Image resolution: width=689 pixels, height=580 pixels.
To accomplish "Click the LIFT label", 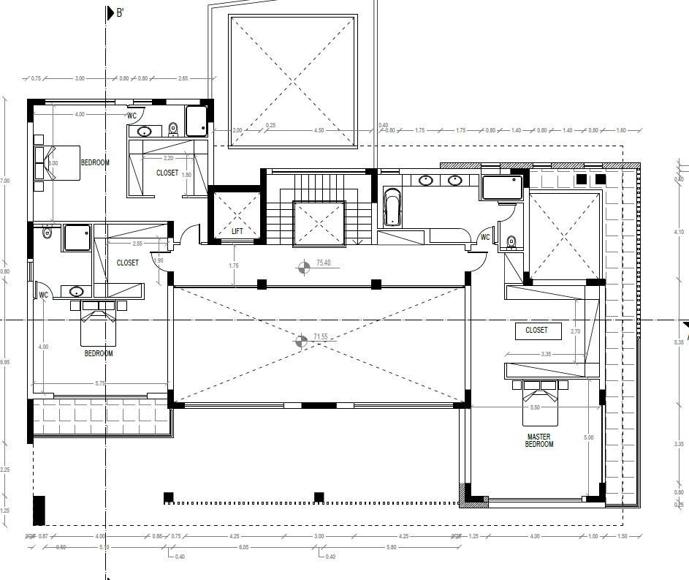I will coord(237,231).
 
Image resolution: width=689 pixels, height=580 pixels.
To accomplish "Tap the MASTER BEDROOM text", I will coord(539,440).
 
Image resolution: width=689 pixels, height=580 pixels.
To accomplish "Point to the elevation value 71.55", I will coord(320,337).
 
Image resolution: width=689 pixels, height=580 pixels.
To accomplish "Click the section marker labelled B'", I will coord(121,13).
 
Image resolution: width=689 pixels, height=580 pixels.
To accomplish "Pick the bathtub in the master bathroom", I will coord(392,208).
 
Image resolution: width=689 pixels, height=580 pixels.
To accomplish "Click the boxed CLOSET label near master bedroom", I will coord(536,331).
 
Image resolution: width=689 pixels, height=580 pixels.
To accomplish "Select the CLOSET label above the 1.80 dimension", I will coord(167,173).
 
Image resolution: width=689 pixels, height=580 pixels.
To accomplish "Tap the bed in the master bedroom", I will coord(540,402).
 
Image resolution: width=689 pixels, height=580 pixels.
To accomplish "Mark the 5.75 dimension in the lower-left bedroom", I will coord(100,383).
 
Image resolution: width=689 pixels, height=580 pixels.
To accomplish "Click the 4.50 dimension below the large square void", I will coord(319,130).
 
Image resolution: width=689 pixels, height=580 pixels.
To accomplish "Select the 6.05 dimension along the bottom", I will coord(243,547).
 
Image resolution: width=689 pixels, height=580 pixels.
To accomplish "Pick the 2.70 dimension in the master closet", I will coord(576,331).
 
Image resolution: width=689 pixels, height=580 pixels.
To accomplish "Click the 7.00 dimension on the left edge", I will coord(6,181).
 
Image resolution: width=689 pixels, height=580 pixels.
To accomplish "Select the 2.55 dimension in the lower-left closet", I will coord(137,244).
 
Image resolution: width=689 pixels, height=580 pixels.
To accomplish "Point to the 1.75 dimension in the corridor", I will coord(234,265).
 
